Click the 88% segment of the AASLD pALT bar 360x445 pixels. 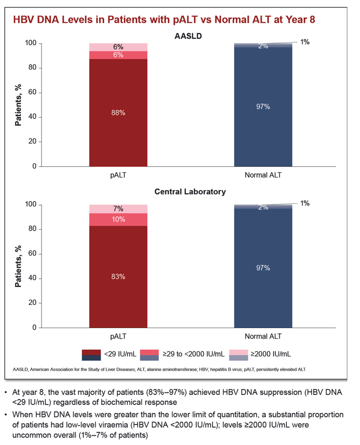pos(118,113)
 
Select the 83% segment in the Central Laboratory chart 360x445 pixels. pos(118,276)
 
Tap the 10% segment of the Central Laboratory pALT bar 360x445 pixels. pos(118,220)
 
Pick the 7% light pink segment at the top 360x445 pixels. pos(118,209)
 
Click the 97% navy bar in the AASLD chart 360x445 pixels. pos(263,107)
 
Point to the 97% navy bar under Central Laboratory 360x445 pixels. pos(263,268)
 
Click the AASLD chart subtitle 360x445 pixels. pos(188,36)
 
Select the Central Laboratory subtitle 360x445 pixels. pos(190,192)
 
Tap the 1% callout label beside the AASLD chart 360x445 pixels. pos(305,42)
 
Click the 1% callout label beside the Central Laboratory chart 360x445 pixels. pos(305,203)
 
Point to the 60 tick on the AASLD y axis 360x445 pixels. pos(32,92)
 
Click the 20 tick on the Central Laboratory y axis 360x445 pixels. pos(32,303)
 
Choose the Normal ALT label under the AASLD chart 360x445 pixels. pos(263,175)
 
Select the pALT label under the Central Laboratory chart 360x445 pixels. pos(118,337)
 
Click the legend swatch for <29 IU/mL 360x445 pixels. pos(92,355)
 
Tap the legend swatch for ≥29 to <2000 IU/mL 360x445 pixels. pos(149,355)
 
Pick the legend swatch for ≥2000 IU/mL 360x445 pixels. pos(238,355)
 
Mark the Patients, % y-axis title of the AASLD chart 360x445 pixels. pos(18,105)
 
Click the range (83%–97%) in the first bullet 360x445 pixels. pos(166,392)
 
